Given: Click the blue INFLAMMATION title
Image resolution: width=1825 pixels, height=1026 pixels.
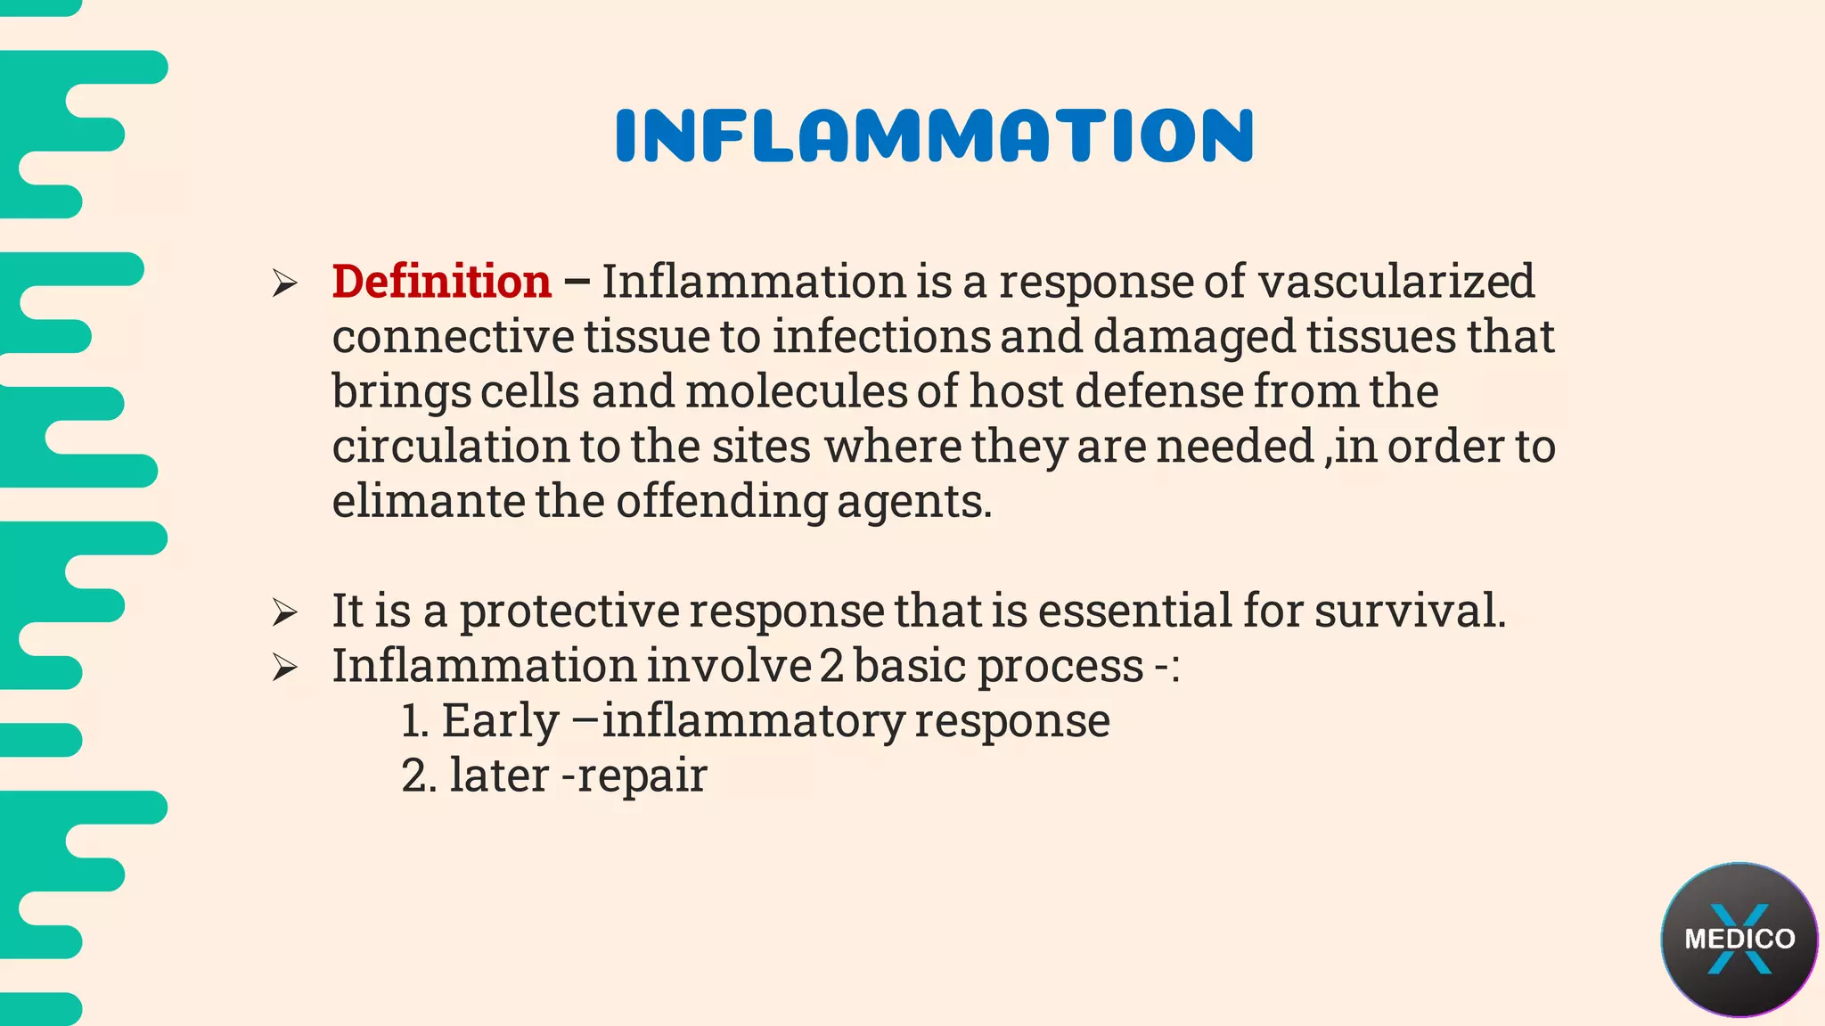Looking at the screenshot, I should click(934, 135).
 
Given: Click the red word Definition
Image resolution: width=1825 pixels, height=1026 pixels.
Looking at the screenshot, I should click(441, 282).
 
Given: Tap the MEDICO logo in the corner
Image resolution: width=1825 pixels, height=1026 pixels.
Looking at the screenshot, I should click(1739, 939).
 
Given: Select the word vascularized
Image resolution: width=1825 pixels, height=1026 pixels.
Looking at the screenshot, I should click(1396, 282).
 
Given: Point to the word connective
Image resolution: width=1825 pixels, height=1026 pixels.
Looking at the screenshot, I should click(453, 337).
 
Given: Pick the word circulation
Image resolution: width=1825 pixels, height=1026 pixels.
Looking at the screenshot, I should click(450, 446).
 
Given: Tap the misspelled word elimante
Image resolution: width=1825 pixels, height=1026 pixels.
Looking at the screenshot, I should click(428, 501).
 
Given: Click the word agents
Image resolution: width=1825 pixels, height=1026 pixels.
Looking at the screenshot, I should click(913, 503).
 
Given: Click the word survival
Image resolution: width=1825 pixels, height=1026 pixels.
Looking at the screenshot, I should click(1410, 611).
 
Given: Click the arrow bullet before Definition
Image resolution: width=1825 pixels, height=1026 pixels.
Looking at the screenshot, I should click(285, 283).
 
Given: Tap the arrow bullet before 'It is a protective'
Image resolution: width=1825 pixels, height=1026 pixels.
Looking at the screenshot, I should click(285, 612).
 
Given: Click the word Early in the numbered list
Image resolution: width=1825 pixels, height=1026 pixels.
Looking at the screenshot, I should click(500, 721).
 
